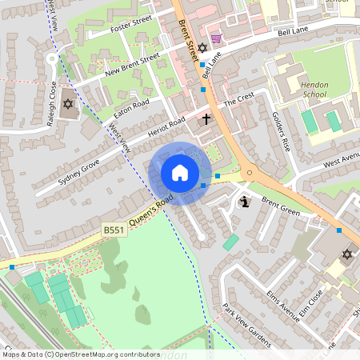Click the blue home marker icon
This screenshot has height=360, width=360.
pos(180,173)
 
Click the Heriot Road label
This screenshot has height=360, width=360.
pos(167,127)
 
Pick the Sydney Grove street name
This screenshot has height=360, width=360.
pos(78,171)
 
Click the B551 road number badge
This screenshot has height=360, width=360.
pos(113,230)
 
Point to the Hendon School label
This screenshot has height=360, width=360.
pos(314,89)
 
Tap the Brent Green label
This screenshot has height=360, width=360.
pos(280,208)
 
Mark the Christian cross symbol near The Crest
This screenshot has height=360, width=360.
pos(206,119)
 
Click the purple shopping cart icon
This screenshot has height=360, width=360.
pos(216,38)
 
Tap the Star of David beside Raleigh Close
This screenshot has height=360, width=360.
pos(68,105)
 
